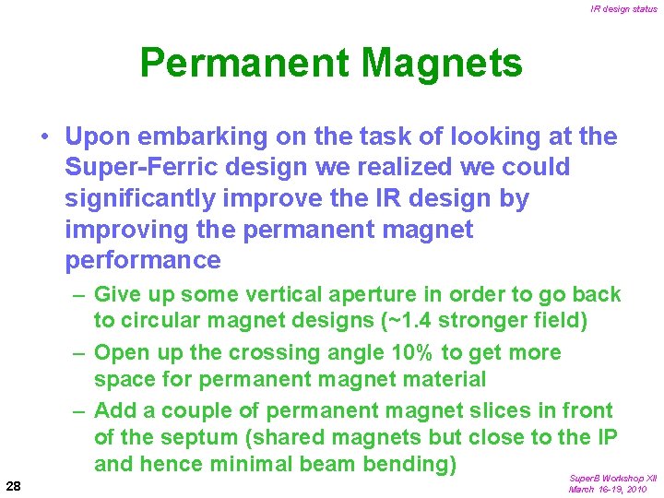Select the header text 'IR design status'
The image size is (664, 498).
pos(624,9)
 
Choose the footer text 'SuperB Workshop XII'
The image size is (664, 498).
pos(613,479)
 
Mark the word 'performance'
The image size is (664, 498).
pos(143,261)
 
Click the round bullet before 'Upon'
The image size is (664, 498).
pos(44,137)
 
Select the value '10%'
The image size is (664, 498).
pos(414,352)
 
